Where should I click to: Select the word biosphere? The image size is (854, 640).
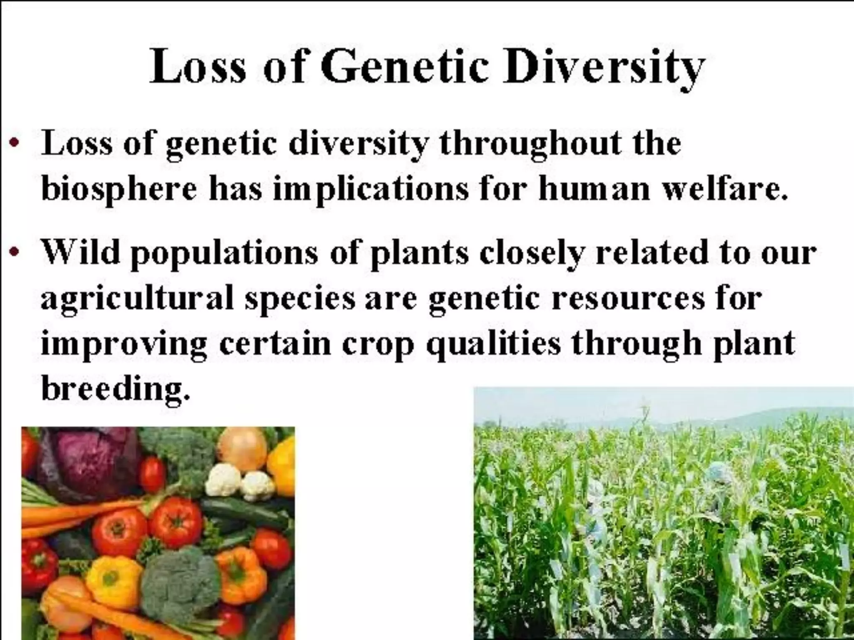tap(118, 190)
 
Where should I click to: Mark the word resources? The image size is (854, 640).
tap(628, 299)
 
